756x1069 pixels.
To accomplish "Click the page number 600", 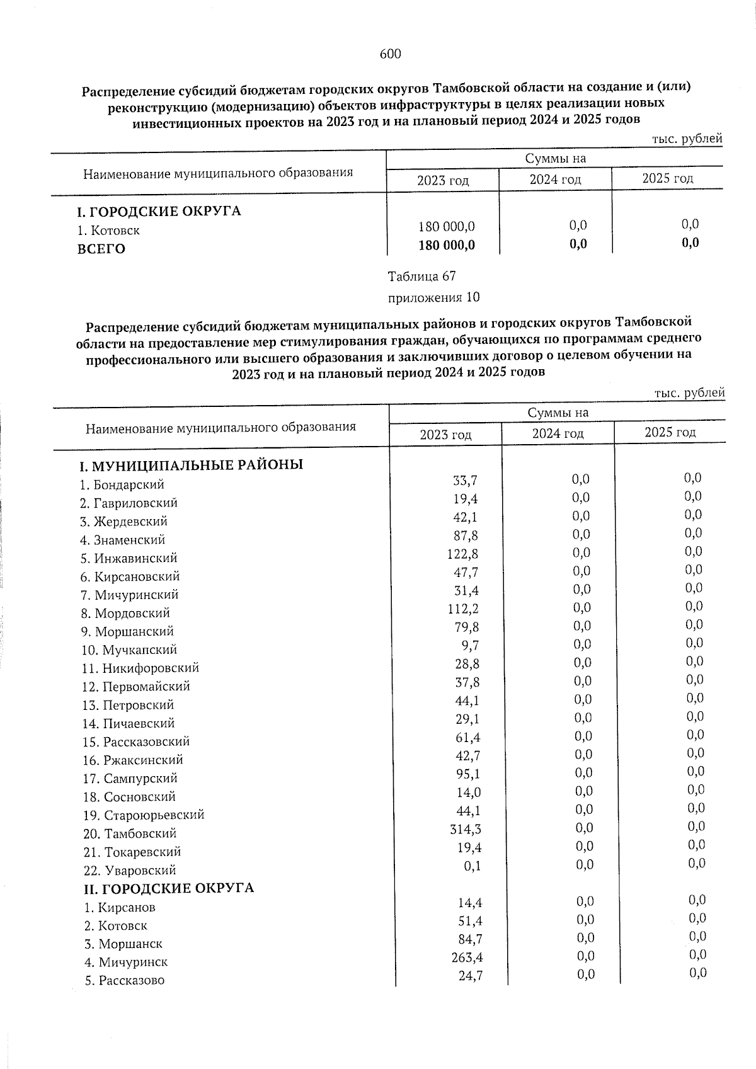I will point(390,54).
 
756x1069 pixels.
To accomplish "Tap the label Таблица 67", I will point(421,277).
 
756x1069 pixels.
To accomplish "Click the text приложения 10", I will point(433,297).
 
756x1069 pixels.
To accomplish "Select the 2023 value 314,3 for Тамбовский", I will point(465,830).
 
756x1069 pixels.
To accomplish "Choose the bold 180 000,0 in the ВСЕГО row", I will point(446,245).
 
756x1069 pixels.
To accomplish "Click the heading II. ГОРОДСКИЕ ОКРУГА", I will point(169,888).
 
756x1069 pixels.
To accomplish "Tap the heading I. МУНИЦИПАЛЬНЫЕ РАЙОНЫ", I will point(191,466).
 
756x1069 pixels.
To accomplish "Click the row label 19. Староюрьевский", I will point(143,815).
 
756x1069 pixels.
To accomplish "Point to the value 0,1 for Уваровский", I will point(472,866).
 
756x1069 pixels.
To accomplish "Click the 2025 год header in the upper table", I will point(667,178).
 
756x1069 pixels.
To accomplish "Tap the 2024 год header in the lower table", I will point(558,433).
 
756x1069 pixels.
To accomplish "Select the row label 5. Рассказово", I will point(124,981).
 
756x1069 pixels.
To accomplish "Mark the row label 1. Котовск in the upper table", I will point(108,231).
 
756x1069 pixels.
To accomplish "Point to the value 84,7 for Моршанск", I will point(469,940).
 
